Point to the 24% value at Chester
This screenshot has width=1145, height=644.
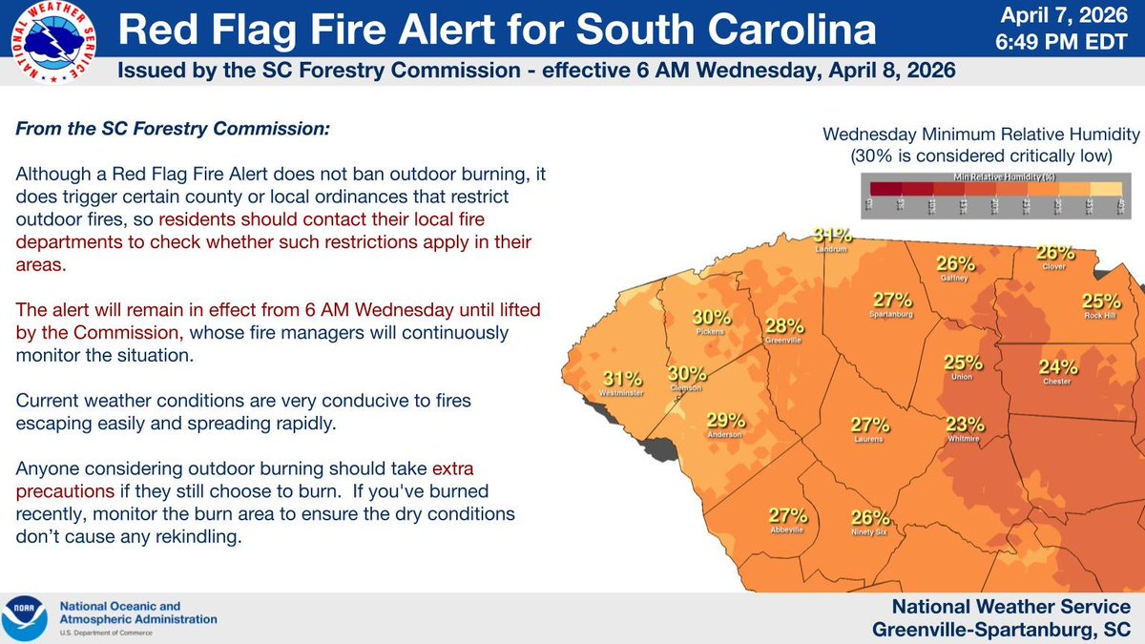coord(1058,366)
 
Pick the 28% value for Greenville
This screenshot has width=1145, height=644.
coord(782,326)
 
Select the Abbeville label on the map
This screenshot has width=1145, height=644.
coord(788,530)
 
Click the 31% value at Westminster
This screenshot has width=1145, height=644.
coord(619,379)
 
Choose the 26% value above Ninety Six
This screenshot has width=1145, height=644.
coord(869,519)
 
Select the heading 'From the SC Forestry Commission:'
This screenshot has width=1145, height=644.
coord(172,128)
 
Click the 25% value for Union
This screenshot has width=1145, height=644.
coord(963,363)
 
